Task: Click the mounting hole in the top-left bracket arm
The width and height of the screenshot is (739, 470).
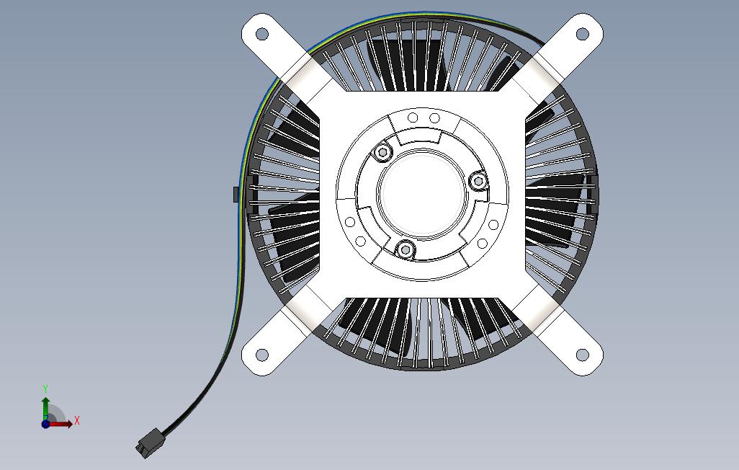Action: coord(262,34)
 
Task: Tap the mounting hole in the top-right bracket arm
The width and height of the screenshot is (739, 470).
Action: coord(583,34)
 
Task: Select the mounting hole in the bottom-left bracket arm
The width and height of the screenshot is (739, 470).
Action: coord(262,355)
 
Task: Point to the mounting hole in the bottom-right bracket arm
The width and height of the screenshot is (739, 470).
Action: coord(583,355)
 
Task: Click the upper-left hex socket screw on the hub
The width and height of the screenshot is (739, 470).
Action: coord(382,152)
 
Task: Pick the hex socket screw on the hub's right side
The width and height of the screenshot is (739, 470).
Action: coord(478,181)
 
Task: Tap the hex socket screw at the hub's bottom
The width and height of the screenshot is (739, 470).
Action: coord(405,249)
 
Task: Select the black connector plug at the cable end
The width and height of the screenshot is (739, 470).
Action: coord(149,443)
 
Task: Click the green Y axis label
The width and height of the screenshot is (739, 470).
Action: coord(45,389)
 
